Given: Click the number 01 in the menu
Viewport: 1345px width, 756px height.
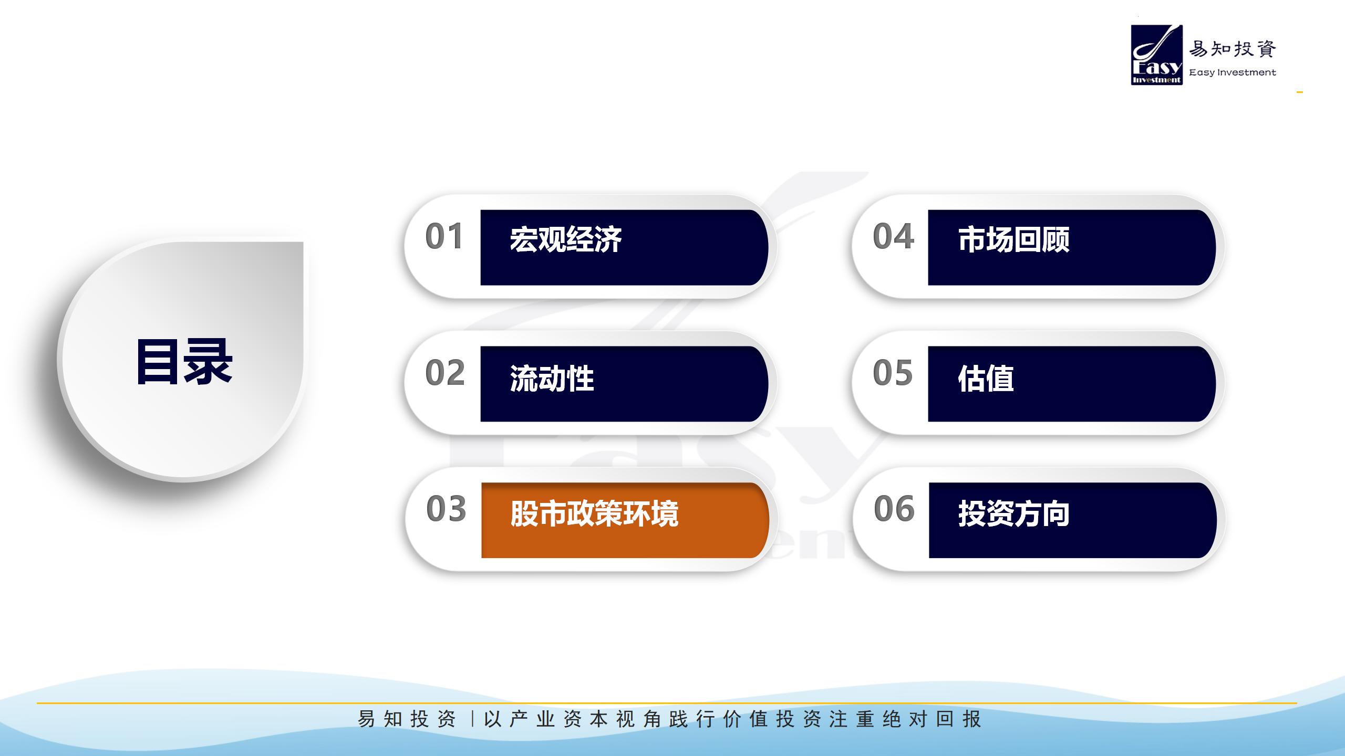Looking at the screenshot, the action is [444, 236].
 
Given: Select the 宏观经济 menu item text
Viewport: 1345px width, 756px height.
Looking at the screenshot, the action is [566, 239].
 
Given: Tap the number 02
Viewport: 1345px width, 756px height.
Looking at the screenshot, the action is [445, 373].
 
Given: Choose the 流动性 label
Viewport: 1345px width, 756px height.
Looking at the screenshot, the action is [552, 378].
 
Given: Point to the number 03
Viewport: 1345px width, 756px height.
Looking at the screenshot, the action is [446, 509].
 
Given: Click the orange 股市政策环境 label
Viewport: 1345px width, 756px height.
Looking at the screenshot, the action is [594, 513].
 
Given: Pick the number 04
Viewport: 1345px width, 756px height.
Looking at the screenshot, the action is [893, 236].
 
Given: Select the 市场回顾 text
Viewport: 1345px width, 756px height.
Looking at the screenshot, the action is [1013, 239].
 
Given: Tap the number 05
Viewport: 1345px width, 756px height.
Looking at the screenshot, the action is [893, 373].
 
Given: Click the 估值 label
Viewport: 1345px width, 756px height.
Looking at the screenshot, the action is [986, 378].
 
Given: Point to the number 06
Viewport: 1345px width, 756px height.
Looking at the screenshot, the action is [894, 509].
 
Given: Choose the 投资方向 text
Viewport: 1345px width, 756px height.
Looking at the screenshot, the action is [1014, 513].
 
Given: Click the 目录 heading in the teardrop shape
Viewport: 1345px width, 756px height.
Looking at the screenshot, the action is [184, 362].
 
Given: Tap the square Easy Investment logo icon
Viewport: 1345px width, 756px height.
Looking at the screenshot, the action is [1157, 55].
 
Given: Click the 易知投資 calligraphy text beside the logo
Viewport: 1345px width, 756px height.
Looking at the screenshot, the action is [1233, 49].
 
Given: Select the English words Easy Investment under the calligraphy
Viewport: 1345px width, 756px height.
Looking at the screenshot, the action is [1233, 72].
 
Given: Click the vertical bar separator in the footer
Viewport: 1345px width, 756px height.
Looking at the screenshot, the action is [472, 719].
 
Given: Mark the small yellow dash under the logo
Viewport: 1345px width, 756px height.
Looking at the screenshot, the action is [1300, 92].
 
